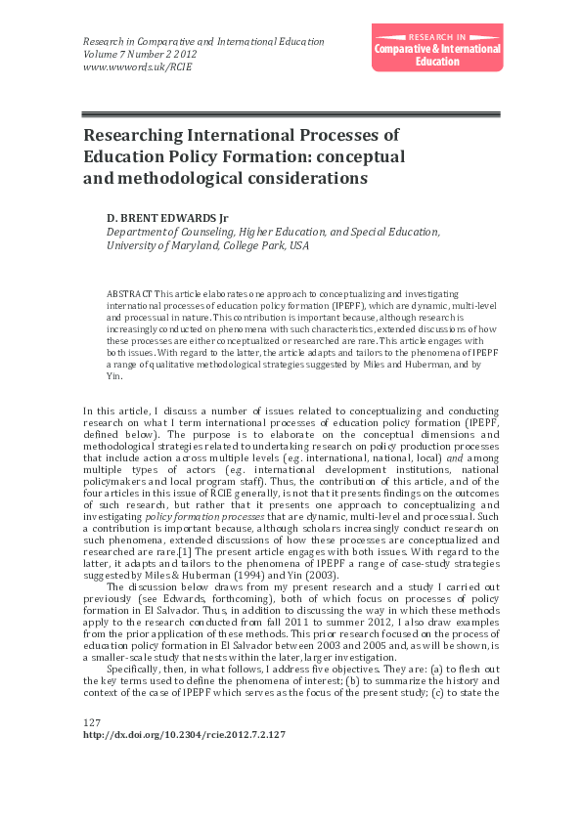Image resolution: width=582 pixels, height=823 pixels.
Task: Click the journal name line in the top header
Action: coord(203,42)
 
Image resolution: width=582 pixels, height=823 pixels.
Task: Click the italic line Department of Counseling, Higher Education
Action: coord(274,232)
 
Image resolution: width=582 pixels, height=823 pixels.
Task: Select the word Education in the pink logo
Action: coord(437,62)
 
